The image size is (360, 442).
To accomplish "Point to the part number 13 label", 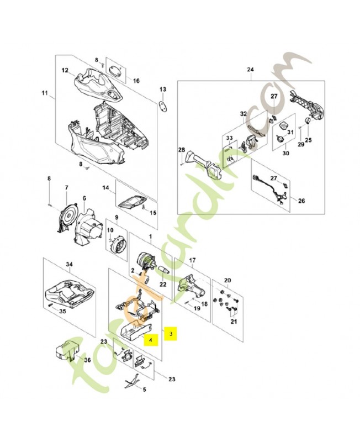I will click(162, 89).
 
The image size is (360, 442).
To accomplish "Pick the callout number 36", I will click(87, 360).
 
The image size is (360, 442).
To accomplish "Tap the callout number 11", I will click(45, 93).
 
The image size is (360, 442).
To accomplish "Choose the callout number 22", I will click(162, 284).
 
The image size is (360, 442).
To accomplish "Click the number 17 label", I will click(193, 260).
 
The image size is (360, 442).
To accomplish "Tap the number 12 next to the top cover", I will click(65, 71).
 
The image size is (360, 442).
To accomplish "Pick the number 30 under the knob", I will click(285, 154).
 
